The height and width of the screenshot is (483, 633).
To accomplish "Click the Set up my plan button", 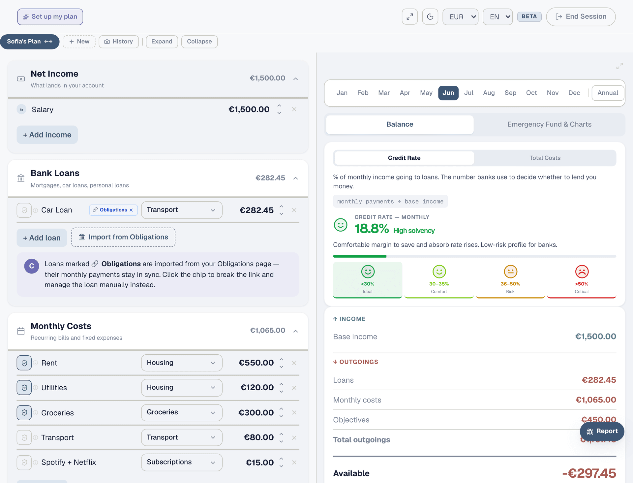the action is click(50, 17).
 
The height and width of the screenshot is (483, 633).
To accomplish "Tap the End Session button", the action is click(581, 17).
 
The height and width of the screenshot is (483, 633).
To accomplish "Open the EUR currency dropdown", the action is click(460, 17).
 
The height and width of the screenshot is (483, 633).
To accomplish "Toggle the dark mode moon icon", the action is click(430, 17).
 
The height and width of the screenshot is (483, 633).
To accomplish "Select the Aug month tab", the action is click(489, 93).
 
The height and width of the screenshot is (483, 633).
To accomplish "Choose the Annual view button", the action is click(608, 93).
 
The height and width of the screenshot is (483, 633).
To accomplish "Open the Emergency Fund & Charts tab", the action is click(549, 124).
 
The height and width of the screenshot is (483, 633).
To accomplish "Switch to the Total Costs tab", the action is click(545, 158).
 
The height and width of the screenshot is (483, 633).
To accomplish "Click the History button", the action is click(119, 42).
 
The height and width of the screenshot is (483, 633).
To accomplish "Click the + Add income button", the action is click(47, 135).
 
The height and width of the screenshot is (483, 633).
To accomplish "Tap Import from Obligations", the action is click(123, 237).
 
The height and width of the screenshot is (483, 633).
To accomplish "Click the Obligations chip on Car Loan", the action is click(113, 210).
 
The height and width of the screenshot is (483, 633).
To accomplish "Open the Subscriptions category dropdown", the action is click(182, 462).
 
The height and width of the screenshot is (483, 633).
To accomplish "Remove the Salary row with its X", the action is click(294, 109).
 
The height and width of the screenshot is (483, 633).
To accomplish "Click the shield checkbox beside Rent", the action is click(24, 363).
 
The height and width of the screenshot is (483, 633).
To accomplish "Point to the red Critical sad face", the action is click(582, 272).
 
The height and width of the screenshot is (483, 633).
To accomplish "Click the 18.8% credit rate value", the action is click(372, 229).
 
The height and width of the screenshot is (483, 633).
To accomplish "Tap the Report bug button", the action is click(602, 431).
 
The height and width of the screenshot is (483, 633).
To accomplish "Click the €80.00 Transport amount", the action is click(259, 437).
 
